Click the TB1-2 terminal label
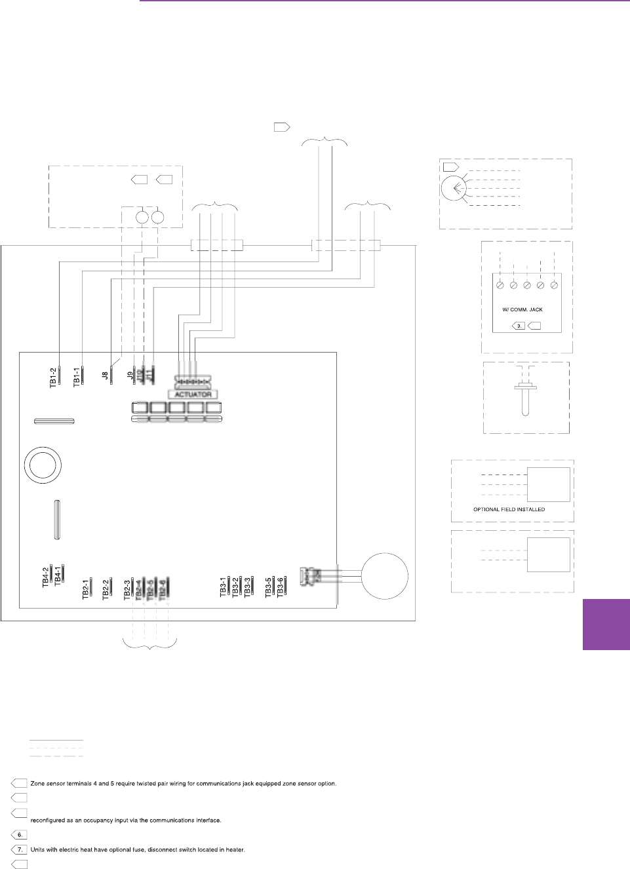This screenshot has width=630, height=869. pos(53,377)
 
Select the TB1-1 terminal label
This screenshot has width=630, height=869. pos(77,377)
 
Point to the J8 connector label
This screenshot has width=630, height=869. pos(105,376)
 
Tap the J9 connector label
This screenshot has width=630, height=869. pos(130,376)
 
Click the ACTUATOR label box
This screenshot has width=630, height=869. pos(193,395)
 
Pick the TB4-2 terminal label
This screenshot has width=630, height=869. pos(46,577)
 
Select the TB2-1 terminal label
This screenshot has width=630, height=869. pos(85,589)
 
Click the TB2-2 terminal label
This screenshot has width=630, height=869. pos(106,589)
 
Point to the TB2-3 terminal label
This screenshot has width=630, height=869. pos(127,589)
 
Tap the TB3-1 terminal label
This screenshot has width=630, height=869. pos(223,587)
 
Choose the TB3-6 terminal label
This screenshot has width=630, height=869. pos(280,587)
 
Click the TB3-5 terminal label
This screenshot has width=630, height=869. pos(268,587)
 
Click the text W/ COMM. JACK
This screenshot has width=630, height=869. pos(522,309)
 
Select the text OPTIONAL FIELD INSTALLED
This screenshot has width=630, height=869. pos(509,509)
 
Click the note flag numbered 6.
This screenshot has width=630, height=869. pos(20,835)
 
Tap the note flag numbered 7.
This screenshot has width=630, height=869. pos(20,849)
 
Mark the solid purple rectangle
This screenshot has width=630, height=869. pos(606,624)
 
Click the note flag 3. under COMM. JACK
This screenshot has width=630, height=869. pos(519,326)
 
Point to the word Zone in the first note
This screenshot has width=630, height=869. pos(37,783)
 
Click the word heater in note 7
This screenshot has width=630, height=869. pos(235,850)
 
